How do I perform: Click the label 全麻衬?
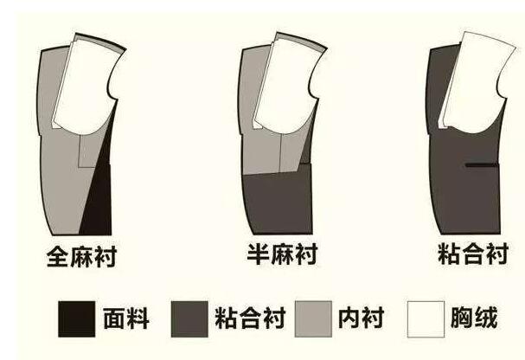click(x=82, y=256)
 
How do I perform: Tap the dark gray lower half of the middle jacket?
click(x=277, y=203)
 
